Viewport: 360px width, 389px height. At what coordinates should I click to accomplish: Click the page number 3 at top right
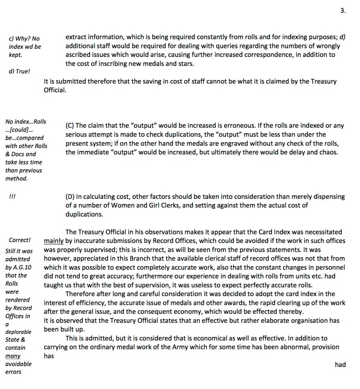point(342,11)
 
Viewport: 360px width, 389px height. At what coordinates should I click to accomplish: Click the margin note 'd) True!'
point(19,72)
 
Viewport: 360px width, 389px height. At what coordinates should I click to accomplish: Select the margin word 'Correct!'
point(20,240)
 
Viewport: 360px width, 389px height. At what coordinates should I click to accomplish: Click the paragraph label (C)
point(70,126)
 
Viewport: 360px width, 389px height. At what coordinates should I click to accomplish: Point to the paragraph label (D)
point(70,197)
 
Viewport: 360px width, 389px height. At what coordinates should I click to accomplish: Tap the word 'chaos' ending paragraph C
point(328,152)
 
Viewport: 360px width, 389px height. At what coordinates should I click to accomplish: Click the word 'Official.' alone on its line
point(55,90)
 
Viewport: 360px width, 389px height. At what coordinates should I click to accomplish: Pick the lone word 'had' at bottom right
point(340,365)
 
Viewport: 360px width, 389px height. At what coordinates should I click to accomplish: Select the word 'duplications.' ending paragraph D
point(84,215)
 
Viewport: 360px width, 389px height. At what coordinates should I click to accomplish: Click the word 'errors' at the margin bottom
point(14,372)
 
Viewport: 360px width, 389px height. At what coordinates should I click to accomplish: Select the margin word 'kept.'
point(15,55)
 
